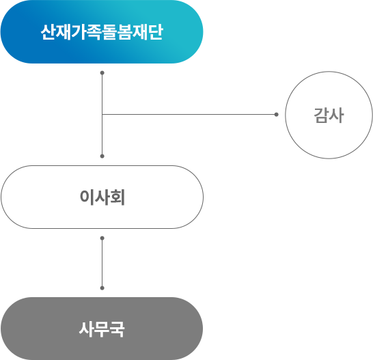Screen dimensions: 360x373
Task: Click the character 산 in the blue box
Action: [49, 32]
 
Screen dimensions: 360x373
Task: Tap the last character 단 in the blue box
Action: [155, 32]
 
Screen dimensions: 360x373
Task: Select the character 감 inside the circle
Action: [321, 115]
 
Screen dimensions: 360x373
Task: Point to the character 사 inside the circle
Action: [336, 115]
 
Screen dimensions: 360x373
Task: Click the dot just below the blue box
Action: [102, 72]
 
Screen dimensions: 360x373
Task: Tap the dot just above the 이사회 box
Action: [102, 156]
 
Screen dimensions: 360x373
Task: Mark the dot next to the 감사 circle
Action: [276, 114]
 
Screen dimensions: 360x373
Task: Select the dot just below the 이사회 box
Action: [102, 238]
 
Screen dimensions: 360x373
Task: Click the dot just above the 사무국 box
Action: [102, 288]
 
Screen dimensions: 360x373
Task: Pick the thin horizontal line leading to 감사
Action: [191, 114]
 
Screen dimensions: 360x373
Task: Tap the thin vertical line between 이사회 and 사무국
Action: [102, 263]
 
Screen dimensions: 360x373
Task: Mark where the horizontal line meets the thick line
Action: [102, 114]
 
